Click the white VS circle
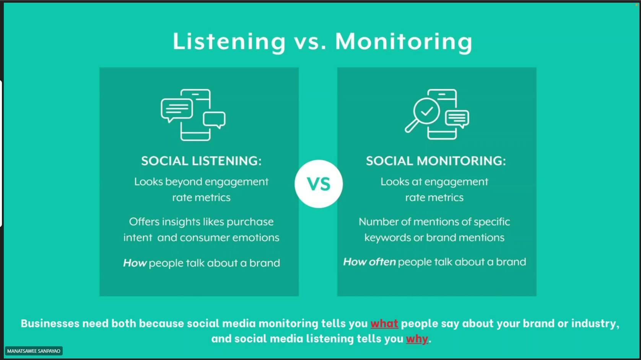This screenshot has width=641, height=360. pos(319,184)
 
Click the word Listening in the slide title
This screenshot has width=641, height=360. pos(229,42)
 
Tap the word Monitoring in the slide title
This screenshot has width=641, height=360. pos(404,42)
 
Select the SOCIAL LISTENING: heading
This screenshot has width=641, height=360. pos(201,161)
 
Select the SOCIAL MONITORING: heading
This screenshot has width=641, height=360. pos(436,161)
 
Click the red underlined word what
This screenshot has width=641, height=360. pos(384,324)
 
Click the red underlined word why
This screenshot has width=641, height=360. pos(417,339)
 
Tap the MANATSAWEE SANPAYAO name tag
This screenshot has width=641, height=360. pos(34,351)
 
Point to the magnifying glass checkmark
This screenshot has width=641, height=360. pos(427,111)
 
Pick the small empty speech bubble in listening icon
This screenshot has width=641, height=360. pos(214,120)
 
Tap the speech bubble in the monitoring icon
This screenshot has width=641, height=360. pos(457,119)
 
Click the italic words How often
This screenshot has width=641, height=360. pos(369,262)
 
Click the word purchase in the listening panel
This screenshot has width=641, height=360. pos(250,222)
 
